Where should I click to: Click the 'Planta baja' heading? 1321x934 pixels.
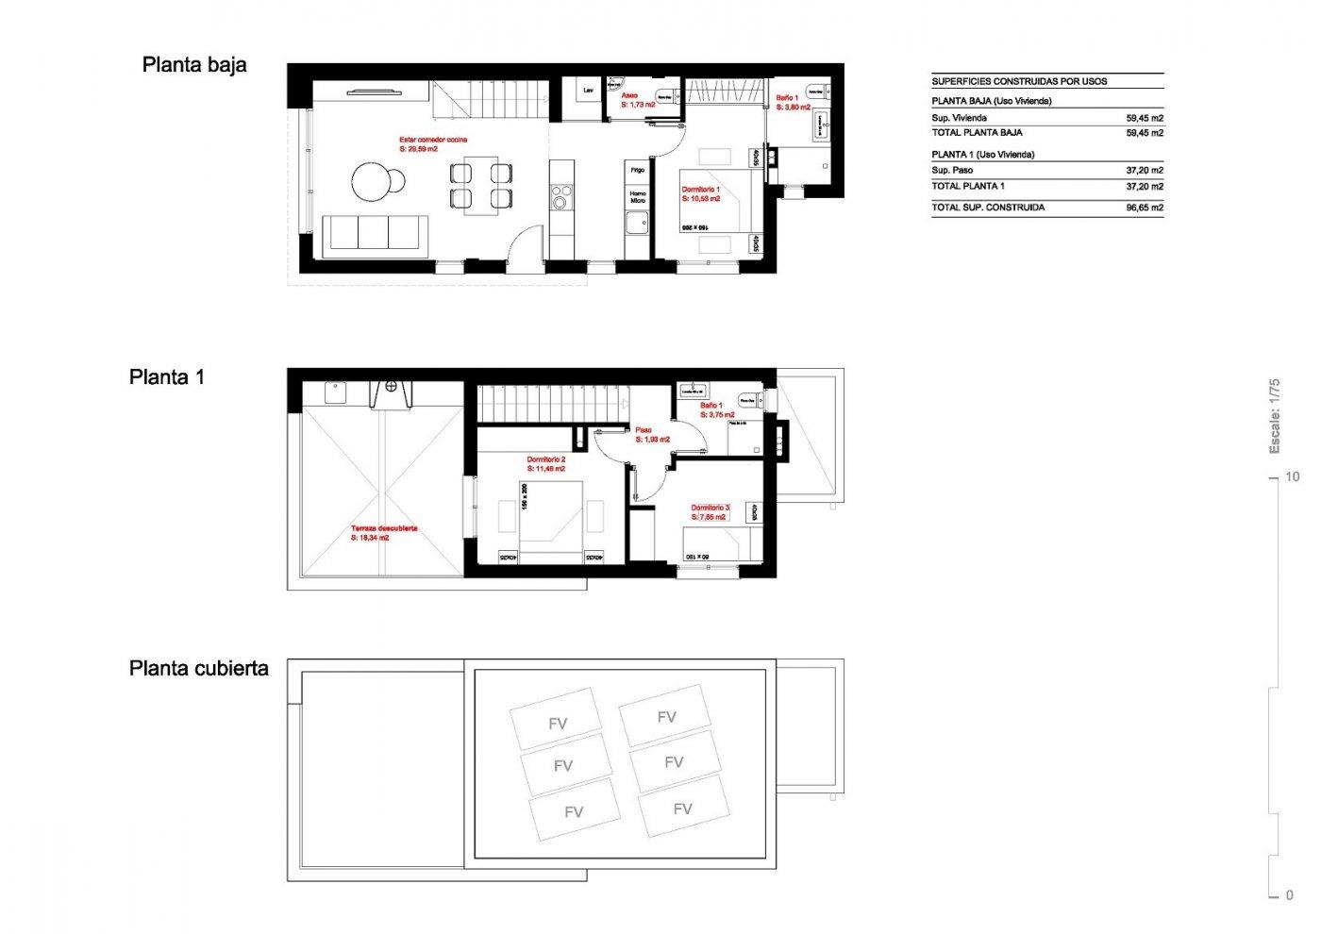(x=194, y=65)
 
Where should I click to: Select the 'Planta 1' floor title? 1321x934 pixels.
(x=167, y=377)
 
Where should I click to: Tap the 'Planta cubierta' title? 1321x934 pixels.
(x=199, y=669)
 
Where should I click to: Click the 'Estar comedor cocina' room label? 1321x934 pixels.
(x=433, y=140)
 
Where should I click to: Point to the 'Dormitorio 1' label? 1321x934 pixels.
(x=701, y=190)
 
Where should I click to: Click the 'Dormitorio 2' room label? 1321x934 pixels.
(x=545, y=459)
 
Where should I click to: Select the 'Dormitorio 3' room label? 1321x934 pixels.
(x=710, y=508)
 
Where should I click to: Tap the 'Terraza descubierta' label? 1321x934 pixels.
(x=384, y=528)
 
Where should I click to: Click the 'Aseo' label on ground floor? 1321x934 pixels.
(x=629, y=95)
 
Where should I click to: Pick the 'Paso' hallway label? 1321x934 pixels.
(x=643, y=430)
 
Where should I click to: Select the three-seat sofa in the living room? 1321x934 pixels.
(x=375, y=232)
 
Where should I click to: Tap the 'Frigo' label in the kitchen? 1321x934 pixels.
(x=638, y=170)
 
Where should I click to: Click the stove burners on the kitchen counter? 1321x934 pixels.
(x=560, y=199)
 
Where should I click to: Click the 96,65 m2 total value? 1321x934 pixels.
(x=1145, y=208)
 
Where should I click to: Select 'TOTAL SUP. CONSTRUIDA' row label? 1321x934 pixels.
(x=988, y=208)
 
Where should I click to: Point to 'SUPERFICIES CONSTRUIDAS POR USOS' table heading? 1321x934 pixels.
(x=1019, y=81)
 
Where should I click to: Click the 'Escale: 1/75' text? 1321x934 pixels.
(x=1274, y=416)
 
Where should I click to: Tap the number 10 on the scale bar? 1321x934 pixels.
(x=1292, y=476)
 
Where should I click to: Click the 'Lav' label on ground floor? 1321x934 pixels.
(x=589, y=91)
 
